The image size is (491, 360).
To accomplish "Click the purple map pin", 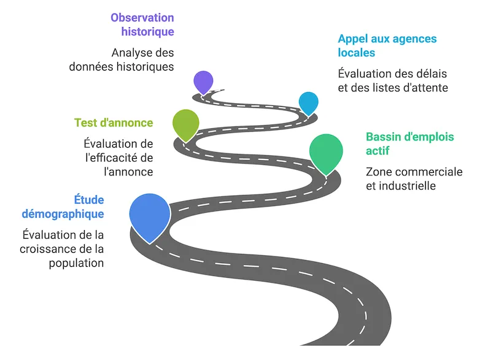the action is click(x=203, y=82).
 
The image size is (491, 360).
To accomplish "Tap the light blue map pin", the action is click(x=309, y=103).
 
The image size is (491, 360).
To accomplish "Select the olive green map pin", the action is click(x=186, y=124).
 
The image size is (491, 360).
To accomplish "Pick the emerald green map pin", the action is click(x=326, y=153).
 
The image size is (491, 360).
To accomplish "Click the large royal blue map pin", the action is click(x=150, y=216).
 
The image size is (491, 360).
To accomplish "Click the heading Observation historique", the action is click(x=142, y=25).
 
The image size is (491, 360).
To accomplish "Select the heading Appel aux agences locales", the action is click(x=387, y=45).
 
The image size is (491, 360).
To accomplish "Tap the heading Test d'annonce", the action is click(x=114, y=123).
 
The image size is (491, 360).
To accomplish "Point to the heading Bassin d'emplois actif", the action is click(x=409, y=144).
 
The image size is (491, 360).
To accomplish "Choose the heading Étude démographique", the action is click(x=63, y=207).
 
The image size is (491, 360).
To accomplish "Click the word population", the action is click(x=76, y=263).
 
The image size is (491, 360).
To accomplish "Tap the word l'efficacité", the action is click(x=111, y=158).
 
